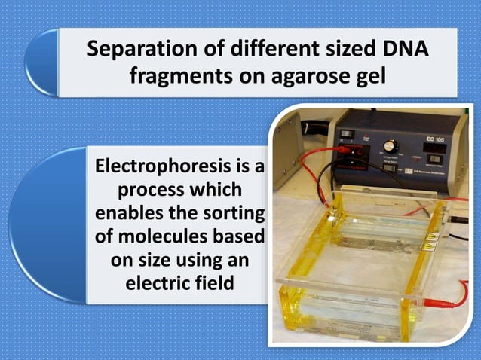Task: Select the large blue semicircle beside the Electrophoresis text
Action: coord(47,225)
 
